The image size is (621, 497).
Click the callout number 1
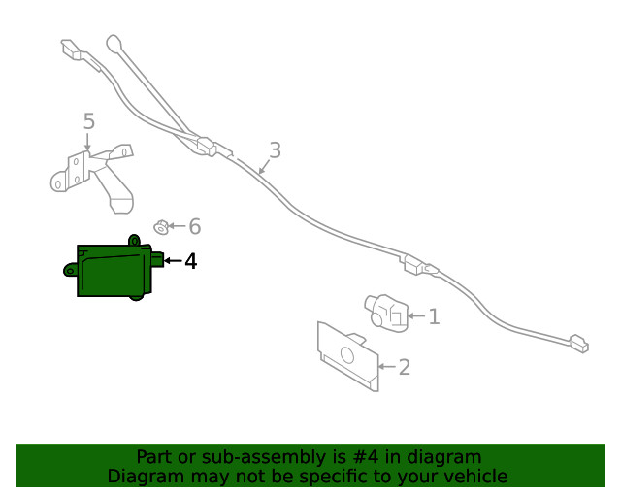434,316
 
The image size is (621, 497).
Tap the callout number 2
404,367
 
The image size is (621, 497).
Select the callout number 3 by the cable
276,150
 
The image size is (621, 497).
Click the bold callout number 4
191,261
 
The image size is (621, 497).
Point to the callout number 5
89,121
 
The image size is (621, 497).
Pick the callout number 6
195,226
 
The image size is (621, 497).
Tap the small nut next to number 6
161,227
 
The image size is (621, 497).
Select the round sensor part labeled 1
386,314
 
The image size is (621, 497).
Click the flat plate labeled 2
347,356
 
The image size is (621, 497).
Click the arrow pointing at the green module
173,260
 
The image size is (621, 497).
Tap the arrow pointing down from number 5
87,142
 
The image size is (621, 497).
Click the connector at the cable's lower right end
579,344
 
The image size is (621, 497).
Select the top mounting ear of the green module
134,240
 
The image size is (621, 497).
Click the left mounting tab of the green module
70,270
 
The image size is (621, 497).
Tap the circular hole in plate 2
347,355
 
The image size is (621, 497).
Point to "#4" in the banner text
365,457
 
